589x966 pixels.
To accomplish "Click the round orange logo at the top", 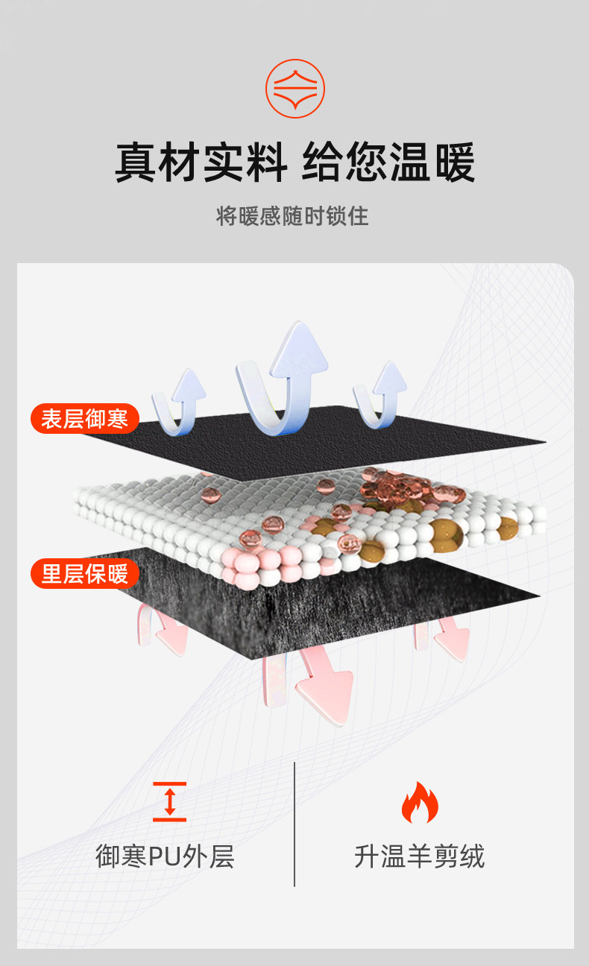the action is pyautogui.click(x=295, y=88).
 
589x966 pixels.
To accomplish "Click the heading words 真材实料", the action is pyautogui.click(x=201, y=162).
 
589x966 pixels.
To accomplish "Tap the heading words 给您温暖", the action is pyautogui.click(x=388, y=162).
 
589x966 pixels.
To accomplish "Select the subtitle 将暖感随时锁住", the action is pyautogui.click(x=293, y=216).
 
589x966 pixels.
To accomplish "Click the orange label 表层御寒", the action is pyautogui.click(x=84, y=418).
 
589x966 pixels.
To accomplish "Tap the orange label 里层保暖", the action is pyautogui.click(x=84, y=573).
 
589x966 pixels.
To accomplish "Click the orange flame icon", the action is pyautogui.click(x=420, y=803).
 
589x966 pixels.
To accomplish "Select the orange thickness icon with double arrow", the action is pyautogui.click(x=169, y=801).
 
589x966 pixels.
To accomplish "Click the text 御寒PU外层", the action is pyautogui.click(x=165, y=856).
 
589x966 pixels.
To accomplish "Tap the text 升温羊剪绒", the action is pyautogui.click(x=419, y=856).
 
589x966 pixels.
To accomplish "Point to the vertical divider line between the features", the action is pyautogui.click(x=294, y=824).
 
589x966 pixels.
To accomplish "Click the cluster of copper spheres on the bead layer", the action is pyautogui.click(x=391, y=488).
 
